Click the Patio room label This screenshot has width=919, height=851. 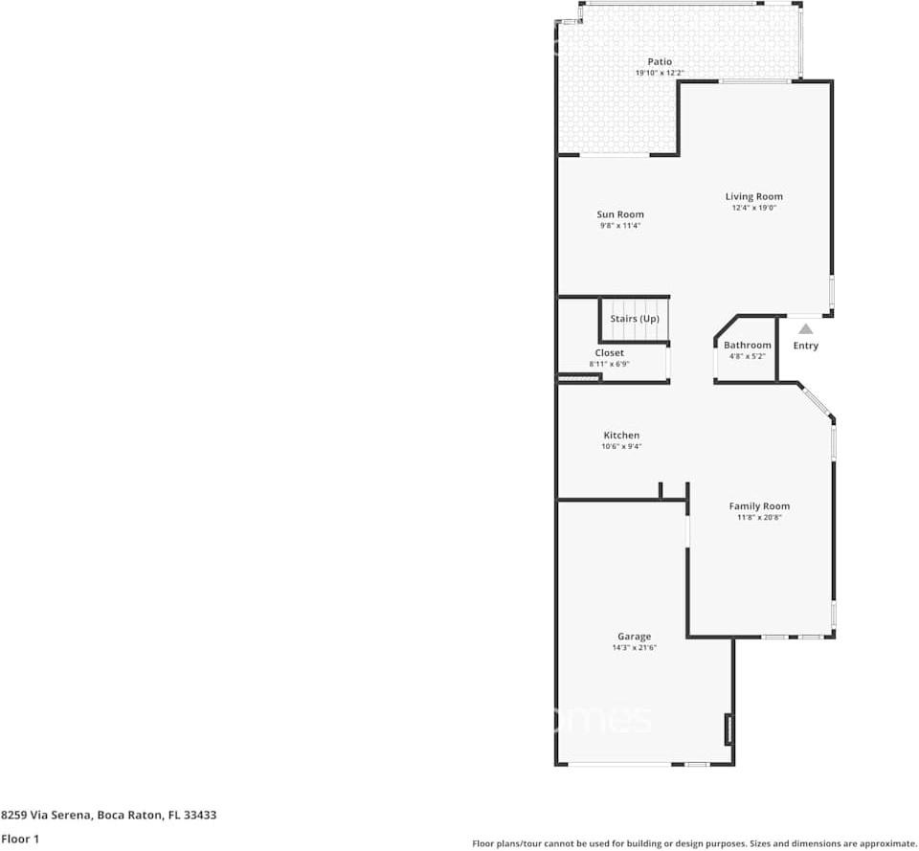click(660, 61)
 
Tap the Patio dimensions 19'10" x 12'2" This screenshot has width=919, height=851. click(660, 73)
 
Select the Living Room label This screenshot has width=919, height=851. click(753, 197)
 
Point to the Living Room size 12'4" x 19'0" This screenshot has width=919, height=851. click(753, 208)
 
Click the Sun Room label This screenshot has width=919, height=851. click(620, 214)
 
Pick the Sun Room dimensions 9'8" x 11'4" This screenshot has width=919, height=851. click(620, 225)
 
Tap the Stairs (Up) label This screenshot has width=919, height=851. click(634, 318)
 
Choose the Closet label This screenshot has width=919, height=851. click(609, 353)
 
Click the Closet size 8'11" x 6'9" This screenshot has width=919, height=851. click(609, 364)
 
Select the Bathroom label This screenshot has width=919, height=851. click(748, 346)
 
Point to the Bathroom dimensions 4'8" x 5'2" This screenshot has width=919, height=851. click(748, 356)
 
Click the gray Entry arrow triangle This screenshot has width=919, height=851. click(806, 329)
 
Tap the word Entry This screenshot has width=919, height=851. click(805, 346)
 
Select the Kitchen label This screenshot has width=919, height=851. click(621, 436)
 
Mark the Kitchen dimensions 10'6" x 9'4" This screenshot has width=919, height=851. click(621, 446)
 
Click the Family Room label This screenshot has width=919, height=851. click(759, 506)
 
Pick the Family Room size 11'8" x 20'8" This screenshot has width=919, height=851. click(759, 517)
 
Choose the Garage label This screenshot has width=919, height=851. click(634, 637)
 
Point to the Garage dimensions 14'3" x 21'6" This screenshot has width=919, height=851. click(634, 648)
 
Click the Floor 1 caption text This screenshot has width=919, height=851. click(20, 839)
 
